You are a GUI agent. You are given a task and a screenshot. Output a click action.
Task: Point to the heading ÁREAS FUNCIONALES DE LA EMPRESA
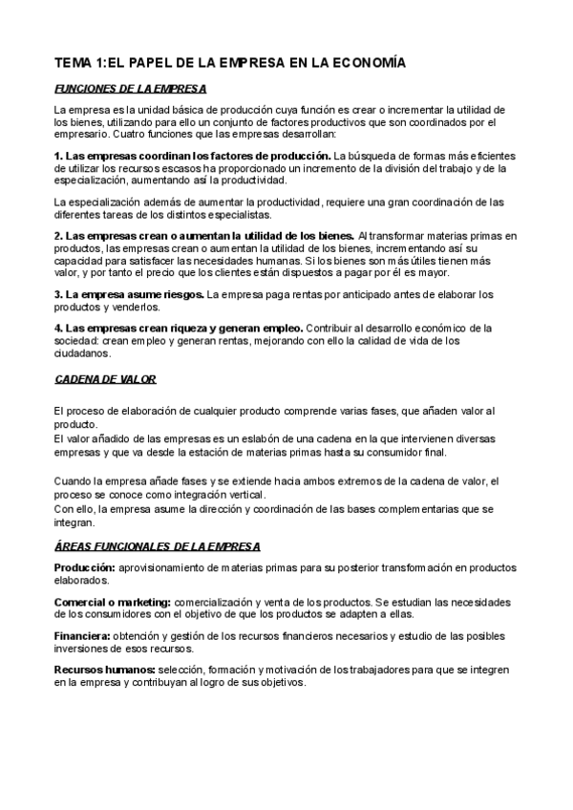157,545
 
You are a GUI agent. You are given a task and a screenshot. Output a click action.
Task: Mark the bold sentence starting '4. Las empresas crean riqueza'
179,327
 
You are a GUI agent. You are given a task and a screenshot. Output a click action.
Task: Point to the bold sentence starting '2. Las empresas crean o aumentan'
203,235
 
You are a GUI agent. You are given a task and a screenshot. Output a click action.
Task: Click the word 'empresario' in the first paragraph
85,134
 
